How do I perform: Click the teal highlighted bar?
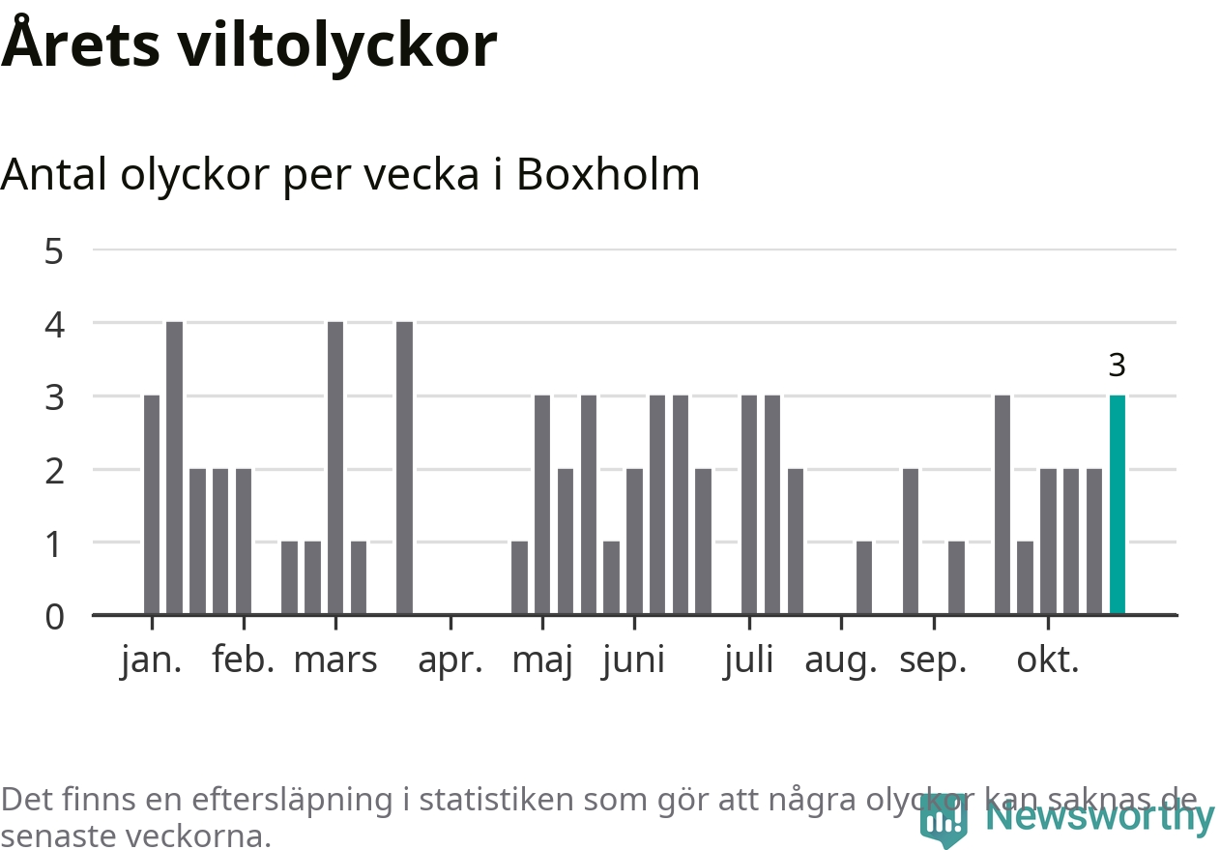1117,505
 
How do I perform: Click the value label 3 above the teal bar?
1117,366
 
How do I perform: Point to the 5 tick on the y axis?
54,251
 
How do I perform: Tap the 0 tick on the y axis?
54,616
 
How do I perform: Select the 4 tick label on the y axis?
54,324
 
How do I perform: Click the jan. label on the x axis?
152,660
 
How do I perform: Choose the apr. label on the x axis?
450,660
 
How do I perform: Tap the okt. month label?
1048,660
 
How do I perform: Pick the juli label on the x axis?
749,660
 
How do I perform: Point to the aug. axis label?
841,660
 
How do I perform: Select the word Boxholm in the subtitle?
608,175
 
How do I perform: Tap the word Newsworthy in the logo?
1100,817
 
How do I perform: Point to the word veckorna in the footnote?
209,835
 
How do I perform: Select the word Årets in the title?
80,45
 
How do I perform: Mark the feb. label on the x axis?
244,660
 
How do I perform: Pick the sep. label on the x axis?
933,660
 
